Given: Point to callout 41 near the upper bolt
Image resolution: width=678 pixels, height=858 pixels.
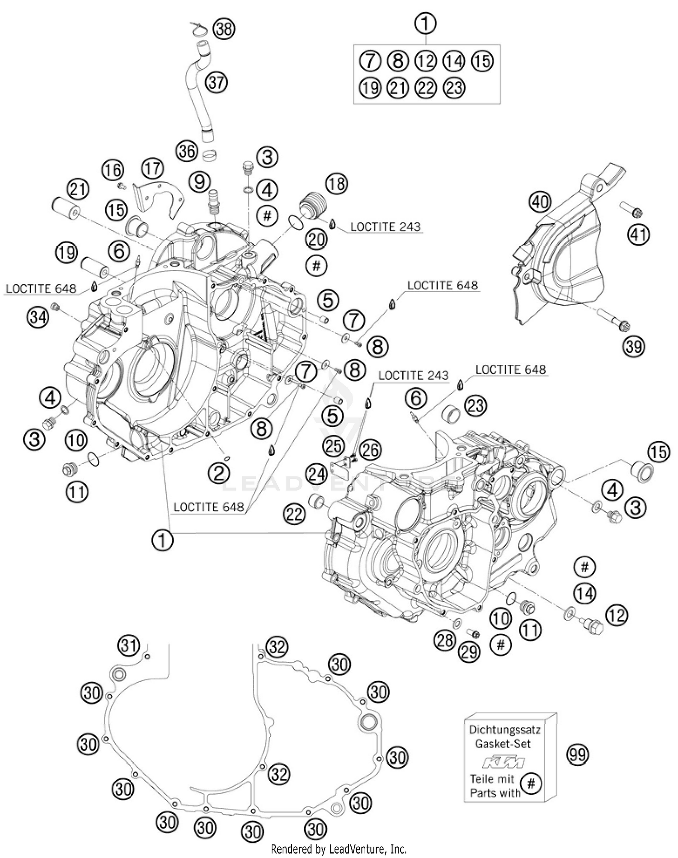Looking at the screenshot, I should (639, 235).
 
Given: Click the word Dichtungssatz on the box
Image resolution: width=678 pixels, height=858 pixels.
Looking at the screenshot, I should (504, 729).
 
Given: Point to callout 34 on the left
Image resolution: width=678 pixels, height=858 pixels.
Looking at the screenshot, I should (38, 317).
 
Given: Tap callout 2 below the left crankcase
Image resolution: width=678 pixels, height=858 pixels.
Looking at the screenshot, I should (219, 473).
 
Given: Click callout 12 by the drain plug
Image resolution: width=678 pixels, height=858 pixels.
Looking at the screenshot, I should (617, 615).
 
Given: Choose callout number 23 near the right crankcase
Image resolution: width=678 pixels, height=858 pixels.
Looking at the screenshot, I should (476, 405).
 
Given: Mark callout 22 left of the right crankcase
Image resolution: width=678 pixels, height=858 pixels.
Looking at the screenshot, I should (294, 514).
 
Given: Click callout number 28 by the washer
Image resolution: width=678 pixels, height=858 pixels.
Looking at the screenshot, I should (445, 641).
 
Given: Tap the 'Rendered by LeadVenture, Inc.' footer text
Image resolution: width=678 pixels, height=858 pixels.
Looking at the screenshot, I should (339, 849).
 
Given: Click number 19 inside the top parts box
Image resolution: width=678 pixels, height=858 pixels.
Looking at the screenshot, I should (370, 87).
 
